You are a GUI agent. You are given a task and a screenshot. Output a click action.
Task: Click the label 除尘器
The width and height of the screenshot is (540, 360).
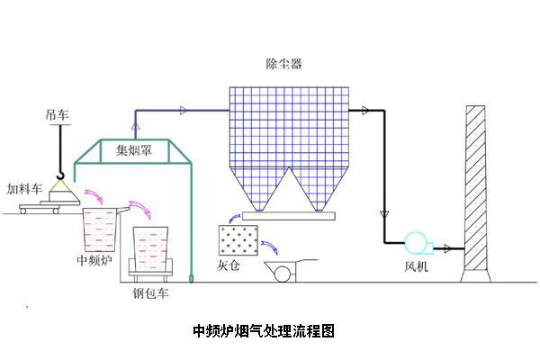tap(284, 64)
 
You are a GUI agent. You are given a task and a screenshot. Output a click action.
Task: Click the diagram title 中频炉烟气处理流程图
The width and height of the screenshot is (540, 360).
tap(264, 330)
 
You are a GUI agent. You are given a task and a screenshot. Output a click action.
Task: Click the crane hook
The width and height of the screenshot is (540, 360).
tap(60, 172)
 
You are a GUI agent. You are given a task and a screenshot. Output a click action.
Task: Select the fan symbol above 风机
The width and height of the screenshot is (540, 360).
tap(417, 243)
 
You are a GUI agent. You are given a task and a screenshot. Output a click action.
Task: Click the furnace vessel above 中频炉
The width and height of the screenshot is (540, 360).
tap(102, 229)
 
